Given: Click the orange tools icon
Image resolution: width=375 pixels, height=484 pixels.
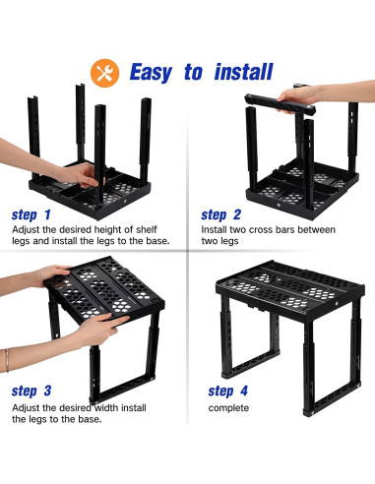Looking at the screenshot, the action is pyautogui.click(x=104, y=73).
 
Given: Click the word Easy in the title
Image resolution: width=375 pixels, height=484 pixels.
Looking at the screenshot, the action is pyautogui.click(x=151, y=73).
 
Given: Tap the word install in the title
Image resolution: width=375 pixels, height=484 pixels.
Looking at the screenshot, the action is pyautogui.click(x=243, y=72).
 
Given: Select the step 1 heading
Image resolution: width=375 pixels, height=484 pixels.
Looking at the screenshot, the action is pyautogui.click(x=31, y=215).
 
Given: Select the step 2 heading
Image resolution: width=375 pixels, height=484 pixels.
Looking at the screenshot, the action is pyautogui.click(x=220, y=215).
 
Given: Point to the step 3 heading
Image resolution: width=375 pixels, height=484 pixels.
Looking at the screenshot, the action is pyautogui.click(x=31, y=391).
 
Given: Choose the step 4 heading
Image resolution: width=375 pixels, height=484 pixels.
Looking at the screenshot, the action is pyautogui.click(x=227, y=391).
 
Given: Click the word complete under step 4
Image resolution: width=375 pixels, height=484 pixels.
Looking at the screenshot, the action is pyautogui.click(x=228, y=408).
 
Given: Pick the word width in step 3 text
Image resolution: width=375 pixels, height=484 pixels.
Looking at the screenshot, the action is pyautogui.click(x=106, y=408).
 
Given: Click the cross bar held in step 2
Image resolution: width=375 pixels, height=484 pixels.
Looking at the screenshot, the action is pyautogui.click(x=281, y=104).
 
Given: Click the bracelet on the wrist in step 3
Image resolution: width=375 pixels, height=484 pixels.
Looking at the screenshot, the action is pyautogui.click(x=6, y=360).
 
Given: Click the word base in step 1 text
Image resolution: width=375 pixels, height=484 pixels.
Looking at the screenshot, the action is pyautogui.click(x=156, y=241).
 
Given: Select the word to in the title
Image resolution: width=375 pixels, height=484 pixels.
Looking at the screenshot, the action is pyautogui.click(x=194, y=73).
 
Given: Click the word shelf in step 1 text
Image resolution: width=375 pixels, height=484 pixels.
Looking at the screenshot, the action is pyautogui.click(x=147, y=229).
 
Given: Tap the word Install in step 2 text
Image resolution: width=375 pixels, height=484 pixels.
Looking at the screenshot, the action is pyautogui.click(x=214, y=229).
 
